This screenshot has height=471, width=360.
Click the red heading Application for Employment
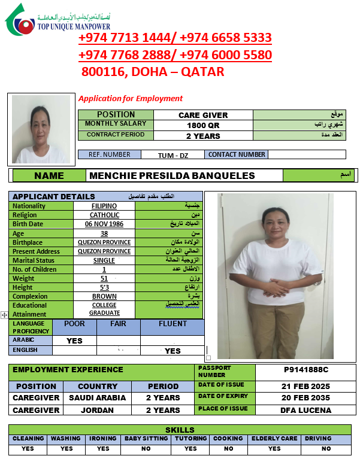point(131,99)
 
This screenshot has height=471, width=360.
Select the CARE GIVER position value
point(203,115)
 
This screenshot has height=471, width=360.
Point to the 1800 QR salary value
point(203,125)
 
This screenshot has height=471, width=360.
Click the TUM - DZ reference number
point(173,155)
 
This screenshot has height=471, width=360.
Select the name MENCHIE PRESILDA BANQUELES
point(172,176)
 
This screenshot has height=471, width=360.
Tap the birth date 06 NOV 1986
point(104,224)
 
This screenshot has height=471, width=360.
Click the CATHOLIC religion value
point(104,215)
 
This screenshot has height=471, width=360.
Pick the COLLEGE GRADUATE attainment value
point(104,309)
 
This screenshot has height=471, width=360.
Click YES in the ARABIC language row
point(74,341)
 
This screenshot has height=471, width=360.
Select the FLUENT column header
point(173,324)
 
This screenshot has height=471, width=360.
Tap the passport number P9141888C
point(305,370)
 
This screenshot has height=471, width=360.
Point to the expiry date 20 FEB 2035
point(305,398)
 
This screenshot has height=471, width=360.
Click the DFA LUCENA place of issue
point(305,411)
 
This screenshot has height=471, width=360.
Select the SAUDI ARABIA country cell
point(97,398)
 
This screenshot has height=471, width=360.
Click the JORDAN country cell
point(97,411)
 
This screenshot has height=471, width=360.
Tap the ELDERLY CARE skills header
point(274,439)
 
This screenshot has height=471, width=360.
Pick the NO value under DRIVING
point(326,448)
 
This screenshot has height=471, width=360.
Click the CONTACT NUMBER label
point(237,154)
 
